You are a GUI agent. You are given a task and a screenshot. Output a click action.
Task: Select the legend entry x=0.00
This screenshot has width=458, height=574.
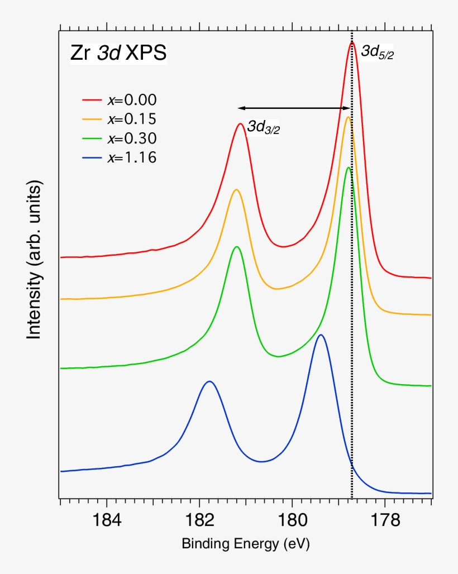pos(132,100)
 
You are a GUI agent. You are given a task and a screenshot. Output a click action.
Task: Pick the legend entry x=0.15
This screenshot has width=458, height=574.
pos(132,119)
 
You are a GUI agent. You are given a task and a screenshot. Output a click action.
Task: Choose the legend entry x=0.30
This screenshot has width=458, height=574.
pos(132,138)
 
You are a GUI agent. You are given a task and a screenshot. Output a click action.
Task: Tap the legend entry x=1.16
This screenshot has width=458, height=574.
pos(132,157)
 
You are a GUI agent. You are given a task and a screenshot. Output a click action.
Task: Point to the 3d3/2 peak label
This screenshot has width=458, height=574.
pos(264,127)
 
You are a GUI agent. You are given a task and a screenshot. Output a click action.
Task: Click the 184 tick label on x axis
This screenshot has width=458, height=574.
pos(106,520)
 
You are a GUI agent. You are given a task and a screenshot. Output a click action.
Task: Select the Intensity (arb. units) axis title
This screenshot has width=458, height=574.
pos(35,260)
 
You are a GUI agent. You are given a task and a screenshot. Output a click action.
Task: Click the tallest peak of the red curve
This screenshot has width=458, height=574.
pos(352,42)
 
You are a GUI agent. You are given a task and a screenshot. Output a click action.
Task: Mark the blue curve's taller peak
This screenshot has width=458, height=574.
pos(321,335)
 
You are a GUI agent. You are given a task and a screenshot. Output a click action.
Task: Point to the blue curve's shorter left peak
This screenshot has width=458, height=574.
pos(209,382)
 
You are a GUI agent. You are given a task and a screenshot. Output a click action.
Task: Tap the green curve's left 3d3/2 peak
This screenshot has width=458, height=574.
pos(237,247)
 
